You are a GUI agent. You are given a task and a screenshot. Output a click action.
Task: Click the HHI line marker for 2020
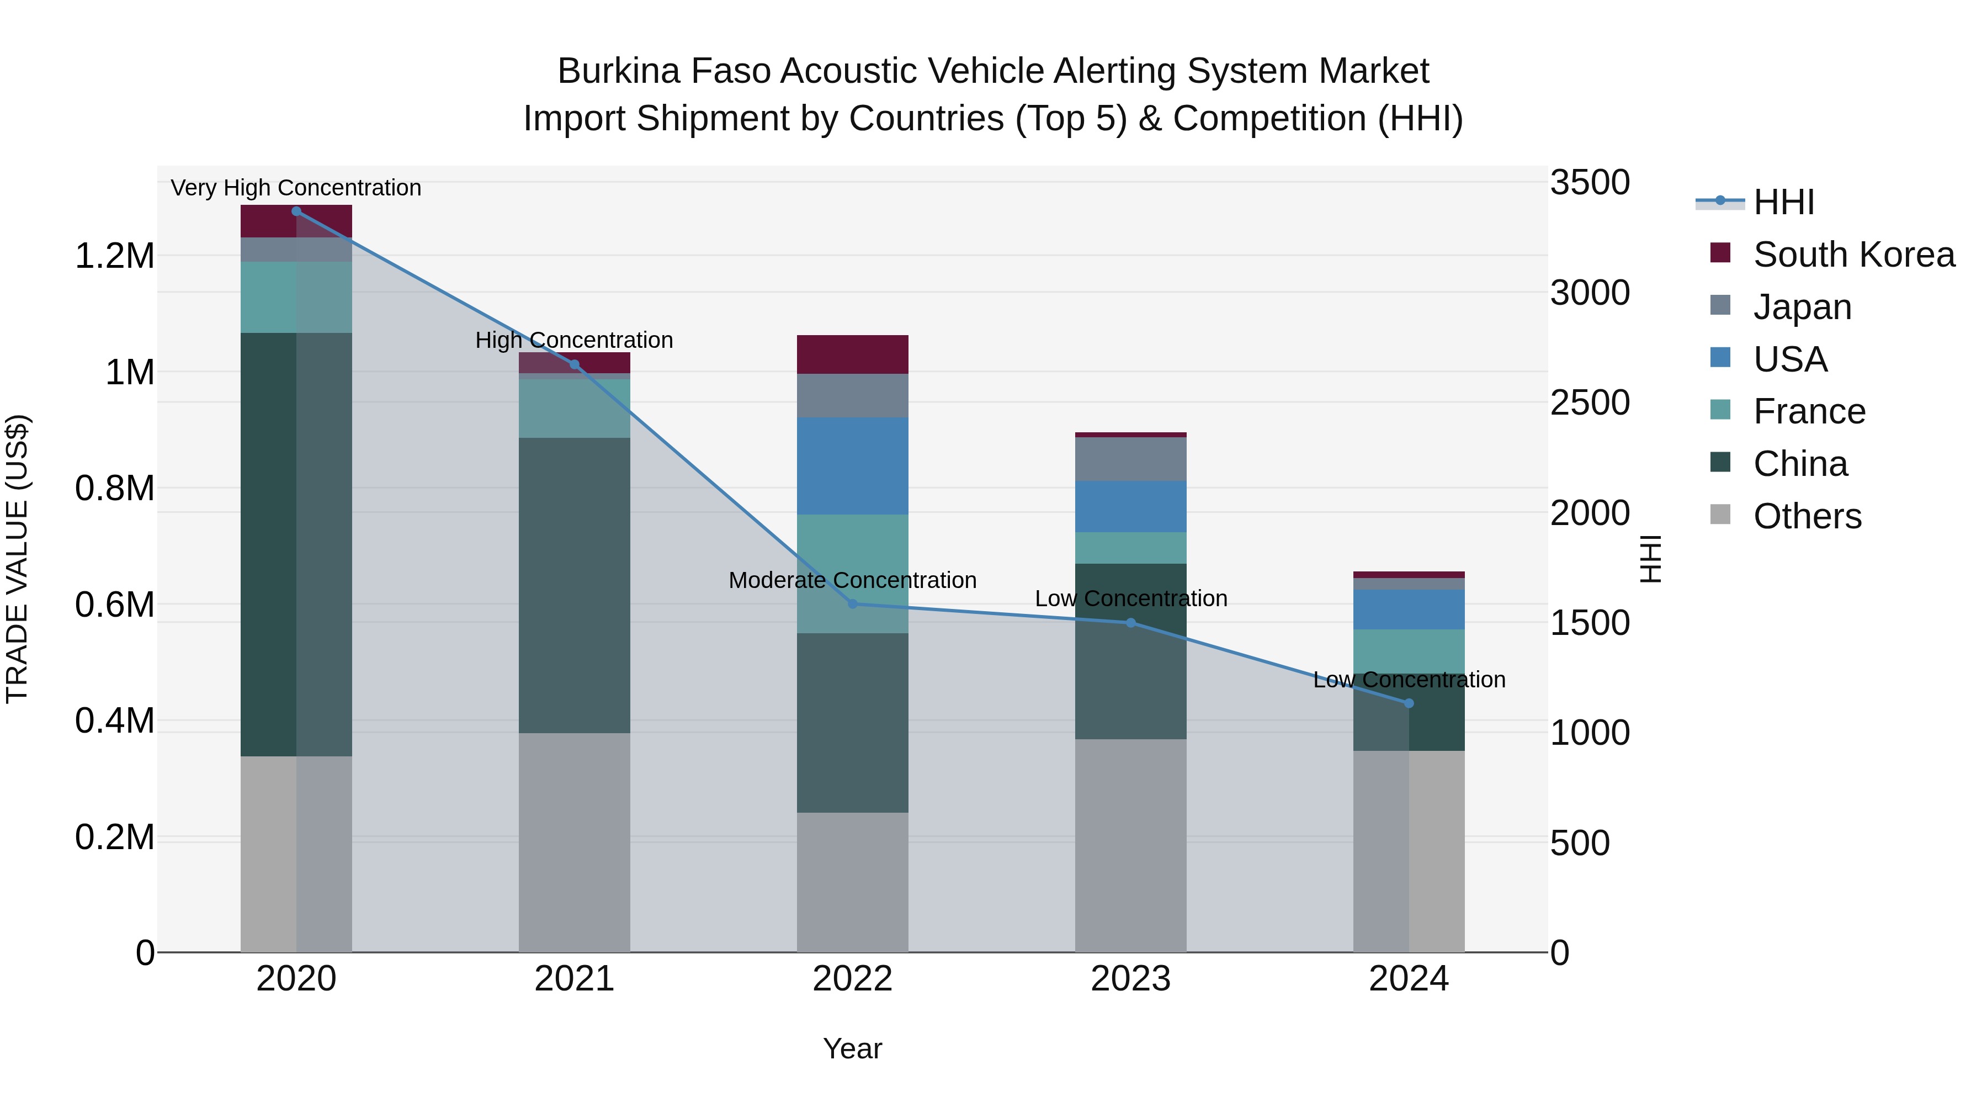pos(296,211)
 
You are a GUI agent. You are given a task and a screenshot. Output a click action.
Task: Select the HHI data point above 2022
pos(852,603)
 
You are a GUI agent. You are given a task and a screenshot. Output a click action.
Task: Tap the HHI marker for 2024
pos(1409,703)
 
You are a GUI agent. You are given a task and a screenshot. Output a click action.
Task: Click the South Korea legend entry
pos(1853,255)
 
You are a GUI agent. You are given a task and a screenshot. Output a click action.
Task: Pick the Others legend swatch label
pos(1807,516)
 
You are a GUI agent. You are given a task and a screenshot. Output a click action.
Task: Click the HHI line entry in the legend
pos(1783,202)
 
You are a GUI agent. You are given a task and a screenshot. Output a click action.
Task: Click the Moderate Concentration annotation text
pos(852,580)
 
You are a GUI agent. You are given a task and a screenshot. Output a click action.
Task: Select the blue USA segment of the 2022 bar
pos(852,465)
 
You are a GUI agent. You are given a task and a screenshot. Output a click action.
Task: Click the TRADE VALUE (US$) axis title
pos(17,559)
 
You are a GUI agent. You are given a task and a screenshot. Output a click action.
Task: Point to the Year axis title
pos(852,1048)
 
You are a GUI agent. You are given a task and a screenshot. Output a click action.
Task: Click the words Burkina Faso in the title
pos(663,71)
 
